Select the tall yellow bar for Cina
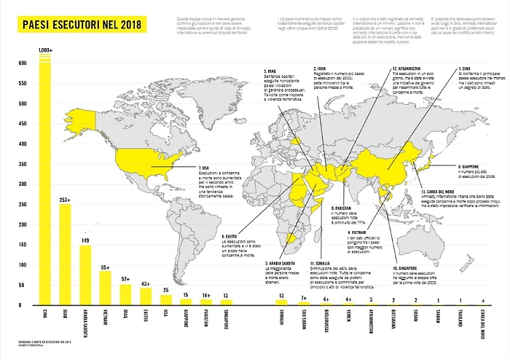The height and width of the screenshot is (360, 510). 45,182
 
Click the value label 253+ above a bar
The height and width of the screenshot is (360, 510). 66,199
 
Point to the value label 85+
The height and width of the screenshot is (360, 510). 106,267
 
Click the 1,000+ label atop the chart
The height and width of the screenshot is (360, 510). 45,50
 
